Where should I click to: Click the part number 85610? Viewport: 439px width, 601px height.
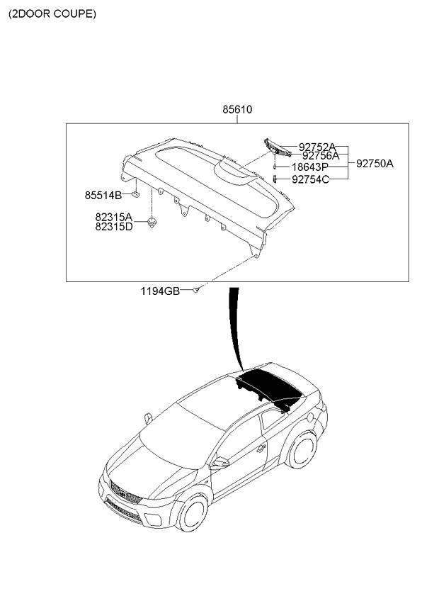point(237,110)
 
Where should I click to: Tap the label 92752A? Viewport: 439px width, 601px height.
point(317,147)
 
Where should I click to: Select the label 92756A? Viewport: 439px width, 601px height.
point(321,156)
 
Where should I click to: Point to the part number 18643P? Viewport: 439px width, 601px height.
point(310,167)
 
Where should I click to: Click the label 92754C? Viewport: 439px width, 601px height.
point(310,179)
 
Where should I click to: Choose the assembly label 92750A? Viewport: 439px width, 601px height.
point(375,164)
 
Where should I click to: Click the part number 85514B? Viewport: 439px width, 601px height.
point(103,196)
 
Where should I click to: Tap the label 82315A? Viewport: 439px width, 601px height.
point(114,218)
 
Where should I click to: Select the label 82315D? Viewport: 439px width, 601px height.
point(114,227)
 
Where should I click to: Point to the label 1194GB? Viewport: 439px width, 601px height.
point(160,291)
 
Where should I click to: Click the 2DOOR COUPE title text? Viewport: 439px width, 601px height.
point(52,14)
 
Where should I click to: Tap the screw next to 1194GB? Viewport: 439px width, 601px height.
point(195,290)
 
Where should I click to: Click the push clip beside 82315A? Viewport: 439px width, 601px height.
point(152,223)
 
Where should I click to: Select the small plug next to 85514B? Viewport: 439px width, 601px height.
point(135,194)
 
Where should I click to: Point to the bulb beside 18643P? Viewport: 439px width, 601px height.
point(275,167)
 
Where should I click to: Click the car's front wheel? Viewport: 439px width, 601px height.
point(193,513)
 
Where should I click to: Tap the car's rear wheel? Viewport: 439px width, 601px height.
point(302,450)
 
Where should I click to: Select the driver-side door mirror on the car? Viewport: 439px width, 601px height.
point(220,462)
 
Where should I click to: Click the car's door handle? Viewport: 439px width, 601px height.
point(262,448)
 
